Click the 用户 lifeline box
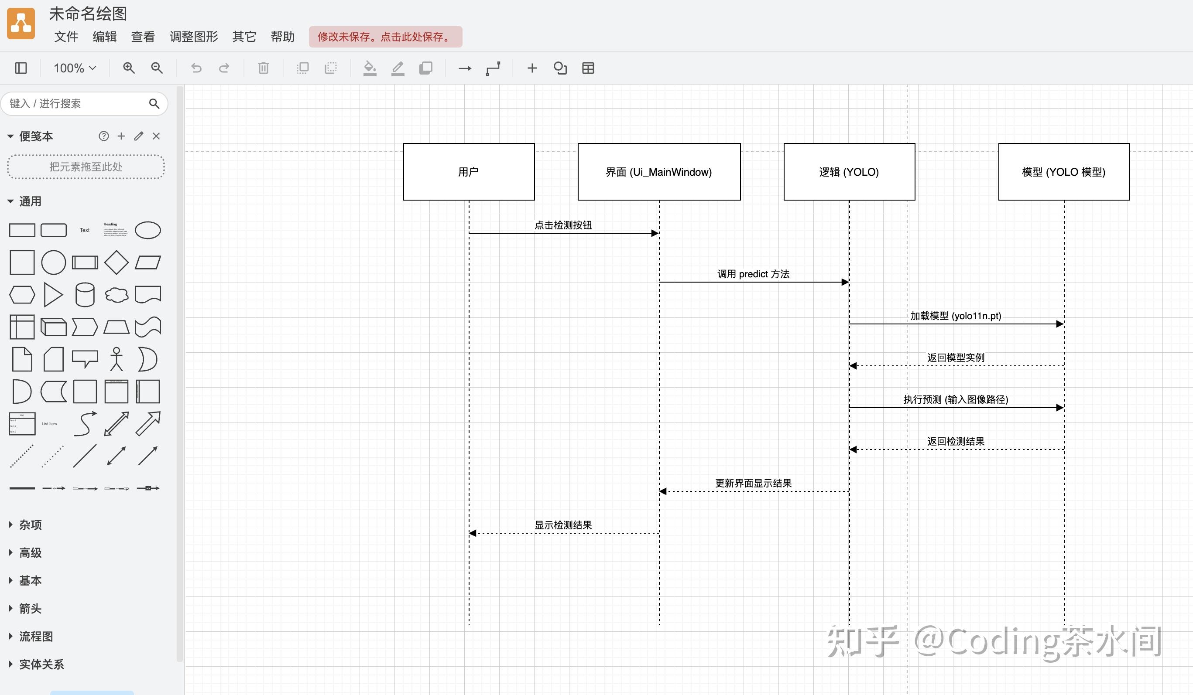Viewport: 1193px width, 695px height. [x=469, y=172]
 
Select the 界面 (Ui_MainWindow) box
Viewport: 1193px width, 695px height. [x=658, y=172]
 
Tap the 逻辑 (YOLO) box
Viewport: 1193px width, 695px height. [x=849, y=172]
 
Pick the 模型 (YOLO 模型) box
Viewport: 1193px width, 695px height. [x=1063, y=172]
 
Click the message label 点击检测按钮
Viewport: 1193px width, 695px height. [x=563, y=225]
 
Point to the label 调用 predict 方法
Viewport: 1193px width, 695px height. [x=753, y=274]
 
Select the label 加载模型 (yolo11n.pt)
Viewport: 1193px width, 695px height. [x=955, y=316]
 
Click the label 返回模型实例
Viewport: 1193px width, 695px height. [x=955, y=358]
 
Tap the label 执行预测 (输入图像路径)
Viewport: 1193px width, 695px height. [x=955, y=399]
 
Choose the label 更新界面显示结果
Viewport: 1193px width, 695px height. [x=753, y=483]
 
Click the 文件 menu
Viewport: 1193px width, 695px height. [x=66, y=37]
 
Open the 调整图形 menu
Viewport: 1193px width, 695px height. [x=194, y=37]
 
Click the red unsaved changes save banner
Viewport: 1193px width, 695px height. [x=385, y=37]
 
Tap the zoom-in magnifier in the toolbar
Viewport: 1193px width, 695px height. [x=129, y=68]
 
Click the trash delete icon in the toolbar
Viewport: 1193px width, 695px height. [x=263, y=68]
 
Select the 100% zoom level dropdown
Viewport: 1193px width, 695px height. [x=75, y=68]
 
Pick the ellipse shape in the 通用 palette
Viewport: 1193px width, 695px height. [x=147, y=230]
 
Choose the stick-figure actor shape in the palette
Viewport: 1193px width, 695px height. [x=117, y=359]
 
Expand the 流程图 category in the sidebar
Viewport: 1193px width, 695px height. [x=35, y=636]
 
